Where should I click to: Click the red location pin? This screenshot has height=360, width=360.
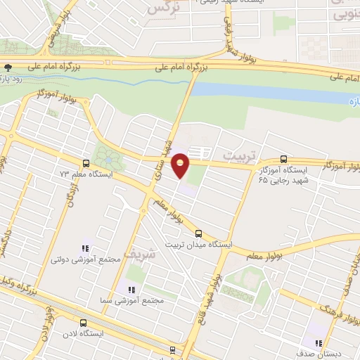point(181,165)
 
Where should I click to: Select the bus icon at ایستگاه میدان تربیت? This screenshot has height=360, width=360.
point(198,233)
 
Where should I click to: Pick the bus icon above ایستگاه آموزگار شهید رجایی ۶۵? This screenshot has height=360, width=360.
point(284,159)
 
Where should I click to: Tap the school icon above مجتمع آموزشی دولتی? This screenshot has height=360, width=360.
point(86,247)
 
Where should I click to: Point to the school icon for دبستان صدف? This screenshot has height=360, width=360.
point(319,344)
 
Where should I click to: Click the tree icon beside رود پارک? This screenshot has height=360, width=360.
point(8,67)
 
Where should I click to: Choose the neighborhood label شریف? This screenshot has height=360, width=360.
point(137,251)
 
